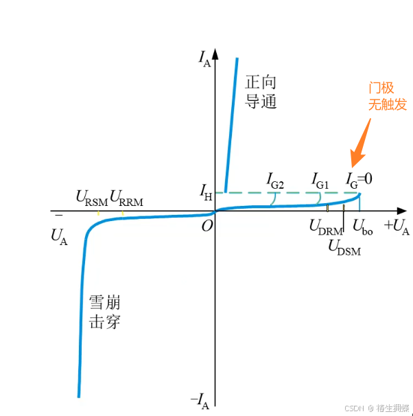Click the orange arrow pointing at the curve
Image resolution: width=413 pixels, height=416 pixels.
pos(360,143)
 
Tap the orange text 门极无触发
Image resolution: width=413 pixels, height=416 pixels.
pos(388,96)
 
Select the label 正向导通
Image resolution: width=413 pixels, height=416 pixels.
pos(261,92)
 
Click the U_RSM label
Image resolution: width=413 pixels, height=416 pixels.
pos(91,199)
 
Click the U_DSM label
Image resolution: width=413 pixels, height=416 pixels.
pos(344,246)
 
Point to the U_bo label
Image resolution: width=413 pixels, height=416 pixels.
pos(363,227)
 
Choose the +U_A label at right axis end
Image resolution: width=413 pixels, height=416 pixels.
pos(396,227)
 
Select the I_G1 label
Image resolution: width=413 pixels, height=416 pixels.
pos(320,181)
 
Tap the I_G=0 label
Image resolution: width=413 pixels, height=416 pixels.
pos(358,180)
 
